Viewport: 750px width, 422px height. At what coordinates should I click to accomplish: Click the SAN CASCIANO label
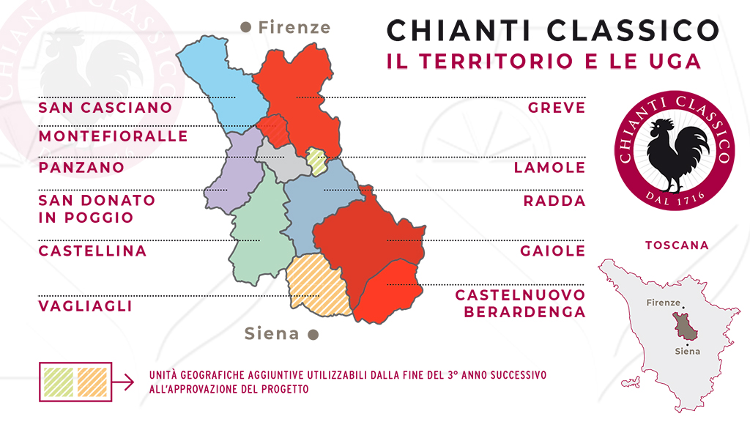(x=105, y=108)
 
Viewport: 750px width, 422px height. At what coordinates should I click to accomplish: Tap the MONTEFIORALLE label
(x=114, y=137)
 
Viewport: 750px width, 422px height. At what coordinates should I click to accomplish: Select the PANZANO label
(x=81, y=168)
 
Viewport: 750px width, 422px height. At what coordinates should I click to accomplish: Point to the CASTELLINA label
(x=93, y=251)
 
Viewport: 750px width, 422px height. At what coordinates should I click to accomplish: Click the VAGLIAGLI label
(x=86, y=306)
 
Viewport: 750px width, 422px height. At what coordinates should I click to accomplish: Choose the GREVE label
(x=557, y=108)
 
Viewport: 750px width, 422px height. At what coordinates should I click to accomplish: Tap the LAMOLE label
(x=549, y=168)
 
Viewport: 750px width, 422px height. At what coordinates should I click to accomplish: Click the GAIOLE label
(x=553, y=251)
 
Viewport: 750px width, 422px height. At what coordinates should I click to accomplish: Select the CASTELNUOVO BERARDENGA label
(x=520, y=303)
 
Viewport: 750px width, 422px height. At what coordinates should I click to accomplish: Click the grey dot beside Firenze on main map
(x=246, y=28)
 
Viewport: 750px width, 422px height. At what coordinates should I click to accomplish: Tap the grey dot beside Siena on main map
(x=313, y=335)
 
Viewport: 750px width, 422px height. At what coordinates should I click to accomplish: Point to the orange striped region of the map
(x=316, y=282)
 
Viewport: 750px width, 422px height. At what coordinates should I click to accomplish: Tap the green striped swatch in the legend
(x=59, y=381)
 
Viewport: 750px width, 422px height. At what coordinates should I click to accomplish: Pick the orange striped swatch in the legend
(x=91, y=381)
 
